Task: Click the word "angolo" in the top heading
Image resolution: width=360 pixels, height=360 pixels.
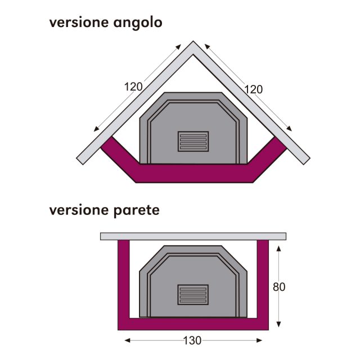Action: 138,23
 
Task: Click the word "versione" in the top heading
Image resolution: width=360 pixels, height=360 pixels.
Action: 79,22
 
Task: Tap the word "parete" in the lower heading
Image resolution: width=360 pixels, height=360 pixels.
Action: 136,211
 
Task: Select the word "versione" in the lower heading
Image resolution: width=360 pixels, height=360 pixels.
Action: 79,210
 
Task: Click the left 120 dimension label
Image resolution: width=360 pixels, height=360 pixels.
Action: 133,87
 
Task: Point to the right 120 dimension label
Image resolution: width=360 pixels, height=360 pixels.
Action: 253,89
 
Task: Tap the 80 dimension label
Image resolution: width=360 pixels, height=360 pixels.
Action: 279,287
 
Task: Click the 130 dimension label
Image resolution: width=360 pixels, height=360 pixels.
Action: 192,340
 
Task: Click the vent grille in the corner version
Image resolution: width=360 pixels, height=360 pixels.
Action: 193,141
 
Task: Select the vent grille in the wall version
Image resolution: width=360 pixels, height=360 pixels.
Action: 193,295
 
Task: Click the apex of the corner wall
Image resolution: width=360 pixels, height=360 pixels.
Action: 193,41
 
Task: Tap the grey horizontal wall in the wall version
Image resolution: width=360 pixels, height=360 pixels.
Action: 193,236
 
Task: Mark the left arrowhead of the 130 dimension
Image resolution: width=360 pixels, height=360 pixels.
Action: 127,340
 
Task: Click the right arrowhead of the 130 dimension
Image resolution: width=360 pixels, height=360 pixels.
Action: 259,340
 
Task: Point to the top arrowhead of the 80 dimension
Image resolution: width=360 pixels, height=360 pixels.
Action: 278,249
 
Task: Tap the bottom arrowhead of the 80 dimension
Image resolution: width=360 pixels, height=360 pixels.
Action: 278,324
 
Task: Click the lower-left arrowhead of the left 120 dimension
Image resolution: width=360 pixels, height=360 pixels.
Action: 96,129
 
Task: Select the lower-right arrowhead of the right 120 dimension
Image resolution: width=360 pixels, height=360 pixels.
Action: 290,129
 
